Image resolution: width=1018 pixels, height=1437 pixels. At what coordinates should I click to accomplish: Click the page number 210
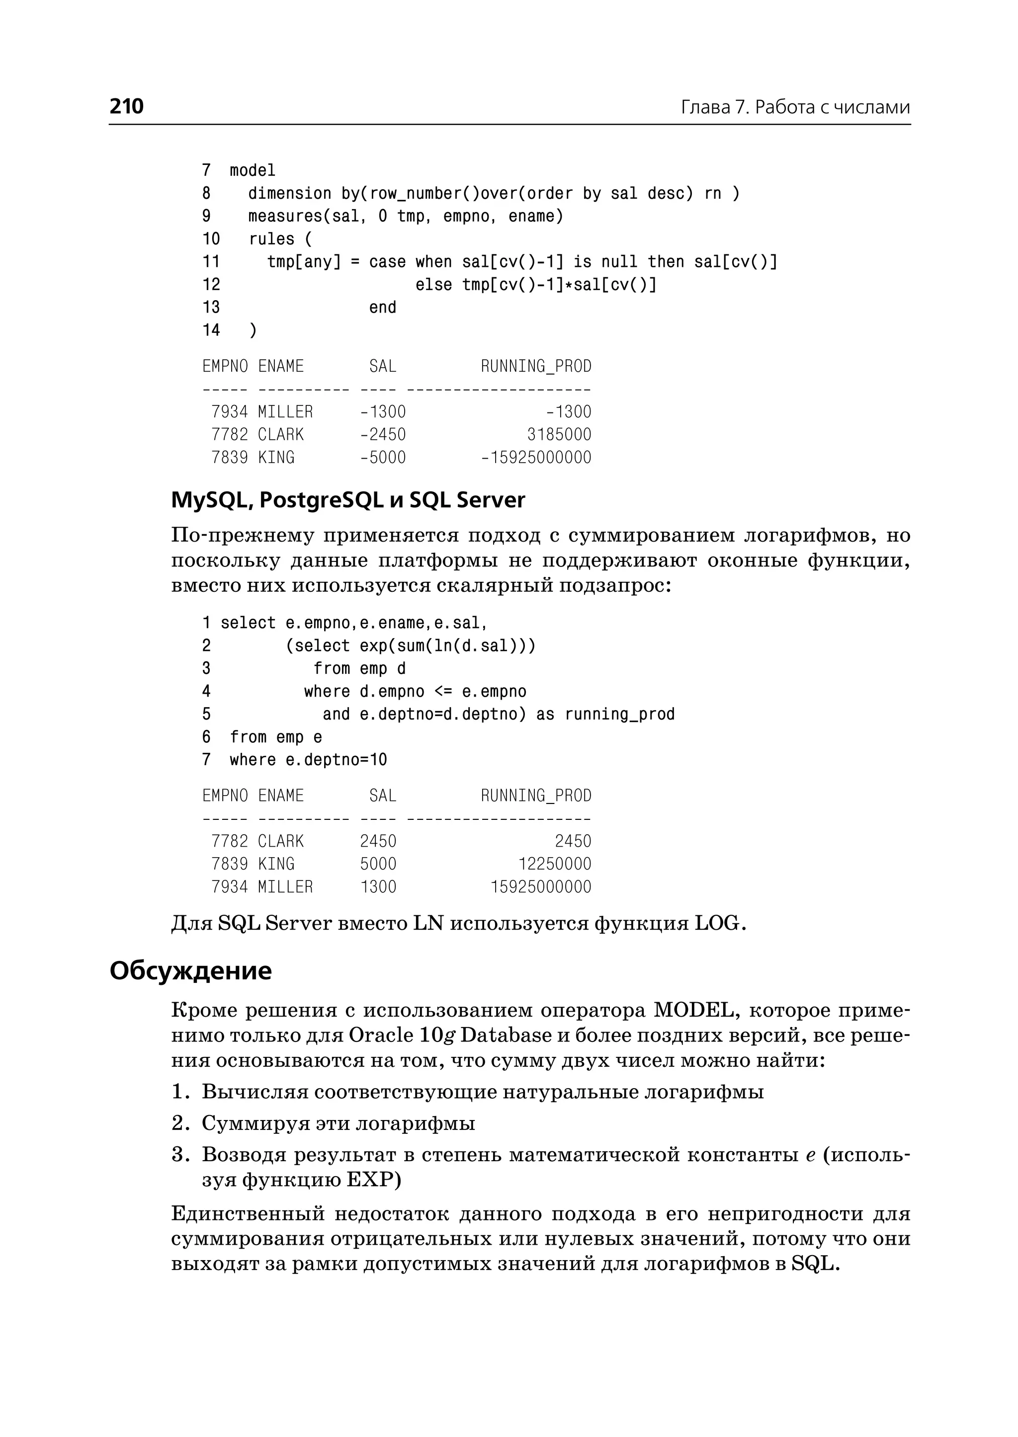(x=127, y=106)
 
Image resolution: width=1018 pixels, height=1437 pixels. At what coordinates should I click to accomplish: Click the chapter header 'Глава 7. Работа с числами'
(x=795, y=107)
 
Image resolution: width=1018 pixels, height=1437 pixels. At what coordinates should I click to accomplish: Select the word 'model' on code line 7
(x=252, y=170)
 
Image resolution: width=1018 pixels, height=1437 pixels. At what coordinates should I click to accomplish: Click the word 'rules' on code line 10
(x=271, y=239)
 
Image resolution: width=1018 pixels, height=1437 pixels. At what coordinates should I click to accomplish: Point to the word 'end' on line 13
(x=382, y=308)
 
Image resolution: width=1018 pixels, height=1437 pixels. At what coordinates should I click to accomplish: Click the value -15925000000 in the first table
(x=536, y=458)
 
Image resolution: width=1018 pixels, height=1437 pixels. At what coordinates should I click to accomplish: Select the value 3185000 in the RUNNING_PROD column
(x=559, y=434)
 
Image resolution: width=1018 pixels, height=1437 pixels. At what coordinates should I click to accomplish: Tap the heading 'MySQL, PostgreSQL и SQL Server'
(x=348, y=500)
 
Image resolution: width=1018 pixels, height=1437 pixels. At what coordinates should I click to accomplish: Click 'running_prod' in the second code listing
(x=619, y=715)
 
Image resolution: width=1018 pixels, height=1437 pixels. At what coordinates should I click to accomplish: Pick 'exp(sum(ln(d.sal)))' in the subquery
(x=447, y=645)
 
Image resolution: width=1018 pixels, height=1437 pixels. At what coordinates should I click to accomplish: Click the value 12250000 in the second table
(x=554, y=864)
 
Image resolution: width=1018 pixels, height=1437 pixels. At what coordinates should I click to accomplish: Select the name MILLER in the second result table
(x=285, y=887)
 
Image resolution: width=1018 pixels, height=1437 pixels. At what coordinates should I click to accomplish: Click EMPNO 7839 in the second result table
(x=230, y=864)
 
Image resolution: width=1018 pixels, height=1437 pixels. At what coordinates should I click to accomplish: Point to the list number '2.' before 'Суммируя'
(x=180, y=1123)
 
